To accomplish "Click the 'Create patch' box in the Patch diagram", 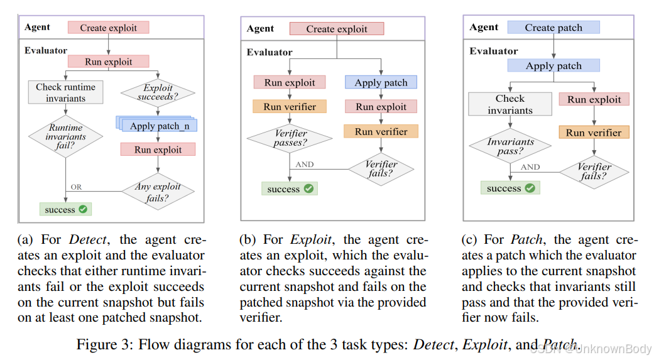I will [x=553, y=28].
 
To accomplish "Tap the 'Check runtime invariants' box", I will [x=65, y=93].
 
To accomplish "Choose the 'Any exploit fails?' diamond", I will [x=157, y=192].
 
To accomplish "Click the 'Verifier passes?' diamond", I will [x=290, y=139].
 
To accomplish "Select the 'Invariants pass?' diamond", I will [x=510, y=146].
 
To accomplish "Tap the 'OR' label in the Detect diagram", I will [x=76, y=187].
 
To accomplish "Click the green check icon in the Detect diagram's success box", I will [x=83, y=209].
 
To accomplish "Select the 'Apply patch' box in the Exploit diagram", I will [x=381, y=82].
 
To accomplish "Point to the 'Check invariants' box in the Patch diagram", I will [x=510, y=104].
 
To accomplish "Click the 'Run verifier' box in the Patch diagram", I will [x=593, y=132].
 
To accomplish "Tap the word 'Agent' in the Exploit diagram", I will [x=260, y=28].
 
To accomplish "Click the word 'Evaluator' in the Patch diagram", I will [x=494, y=51].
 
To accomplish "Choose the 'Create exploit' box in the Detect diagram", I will [x=109, y=28].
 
